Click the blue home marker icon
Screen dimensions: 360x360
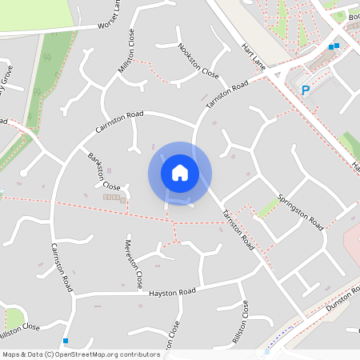click(x=180, y=173)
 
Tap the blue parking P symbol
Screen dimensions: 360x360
click(x=304, y=91)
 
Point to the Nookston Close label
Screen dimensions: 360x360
click(x=198, y=61)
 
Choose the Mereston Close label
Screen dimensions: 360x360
click(x=133, y=263)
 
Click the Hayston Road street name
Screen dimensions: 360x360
click(x=172, y=293)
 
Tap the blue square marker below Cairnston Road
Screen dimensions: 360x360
click(x=65, y=340)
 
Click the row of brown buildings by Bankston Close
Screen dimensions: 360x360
click(x=114, y=197)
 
